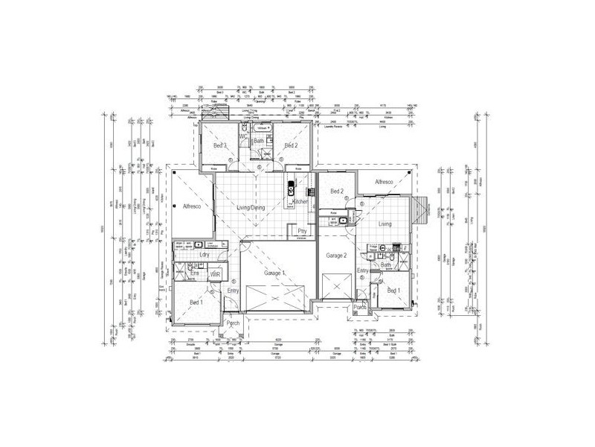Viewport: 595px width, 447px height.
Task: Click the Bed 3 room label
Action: point(219,146)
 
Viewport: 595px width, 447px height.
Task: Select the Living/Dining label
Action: point(251,208)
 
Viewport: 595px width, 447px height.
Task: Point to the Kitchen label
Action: point(300,202)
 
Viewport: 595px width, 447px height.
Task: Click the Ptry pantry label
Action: point(302,232)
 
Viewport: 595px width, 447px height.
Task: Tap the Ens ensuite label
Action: point(194,274)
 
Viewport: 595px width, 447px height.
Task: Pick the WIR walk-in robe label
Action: point(216,275)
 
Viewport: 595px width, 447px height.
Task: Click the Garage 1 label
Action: point(274,273)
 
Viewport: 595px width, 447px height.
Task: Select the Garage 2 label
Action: point(336,256)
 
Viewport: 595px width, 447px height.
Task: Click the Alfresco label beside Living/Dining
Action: point(187,206)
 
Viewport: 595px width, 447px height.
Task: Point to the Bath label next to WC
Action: point(259,141)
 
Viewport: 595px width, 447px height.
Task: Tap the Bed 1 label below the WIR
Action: point(196,302)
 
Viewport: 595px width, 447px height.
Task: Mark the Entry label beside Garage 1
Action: point(234,291)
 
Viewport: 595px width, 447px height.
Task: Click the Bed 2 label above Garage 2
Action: point(337,191)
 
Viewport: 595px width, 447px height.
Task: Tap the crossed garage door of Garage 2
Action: point(336,286)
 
